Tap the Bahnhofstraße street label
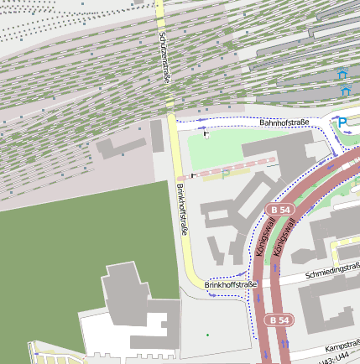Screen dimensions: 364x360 (284, 123)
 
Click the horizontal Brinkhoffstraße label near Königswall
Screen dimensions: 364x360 (230, 285)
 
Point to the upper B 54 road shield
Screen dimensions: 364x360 (279, 208)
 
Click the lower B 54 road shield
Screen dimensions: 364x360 (280, 320)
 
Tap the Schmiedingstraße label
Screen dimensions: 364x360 (333, 271)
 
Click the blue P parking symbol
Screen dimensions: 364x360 (342, 122)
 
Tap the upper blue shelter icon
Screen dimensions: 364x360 (342, 75)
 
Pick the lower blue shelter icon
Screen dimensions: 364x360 (344, 90)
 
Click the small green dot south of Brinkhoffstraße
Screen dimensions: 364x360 (208, 335)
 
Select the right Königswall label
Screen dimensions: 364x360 (286, 237)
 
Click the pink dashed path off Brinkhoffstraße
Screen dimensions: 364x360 (227, 168)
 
